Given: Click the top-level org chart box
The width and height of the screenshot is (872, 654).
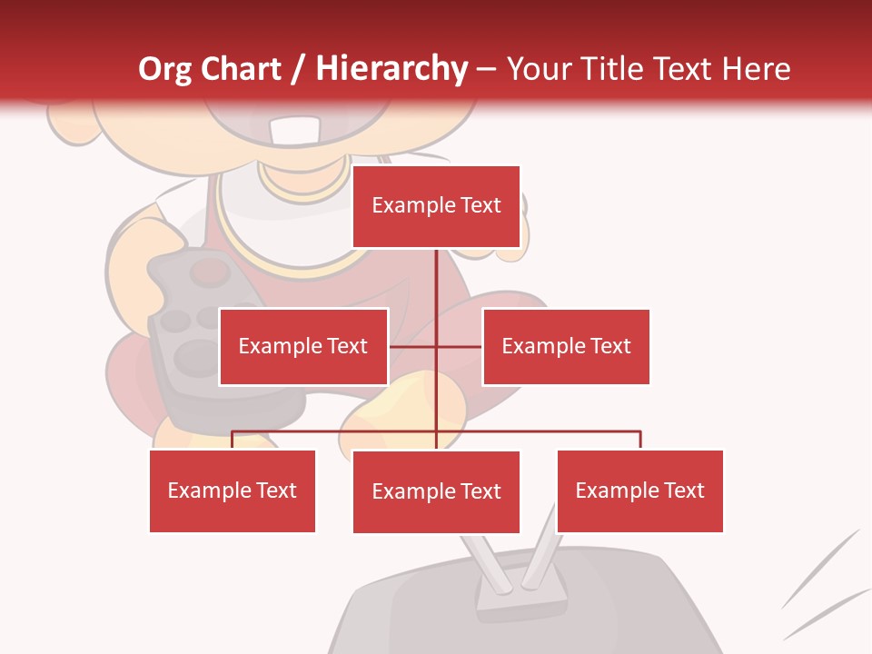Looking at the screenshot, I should click(436, 206).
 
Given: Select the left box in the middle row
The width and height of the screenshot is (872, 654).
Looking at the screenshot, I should click(303, 346).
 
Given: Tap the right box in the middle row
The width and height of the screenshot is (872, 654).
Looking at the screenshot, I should click(566, 346).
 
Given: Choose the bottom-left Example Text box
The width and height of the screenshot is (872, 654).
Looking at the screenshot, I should click(233, 490).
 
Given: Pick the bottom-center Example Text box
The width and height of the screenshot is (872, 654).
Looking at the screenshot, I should click(436, 491).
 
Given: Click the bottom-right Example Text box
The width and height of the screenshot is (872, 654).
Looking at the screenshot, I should click(639, 490).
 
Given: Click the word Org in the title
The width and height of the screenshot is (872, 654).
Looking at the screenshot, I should click(165, 69).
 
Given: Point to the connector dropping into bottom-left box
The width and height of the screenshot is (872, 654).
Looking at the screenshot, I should click(233, 440).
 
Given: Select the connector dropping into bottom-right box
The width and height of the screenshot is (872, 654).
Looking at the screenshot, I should click(640, 440).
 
